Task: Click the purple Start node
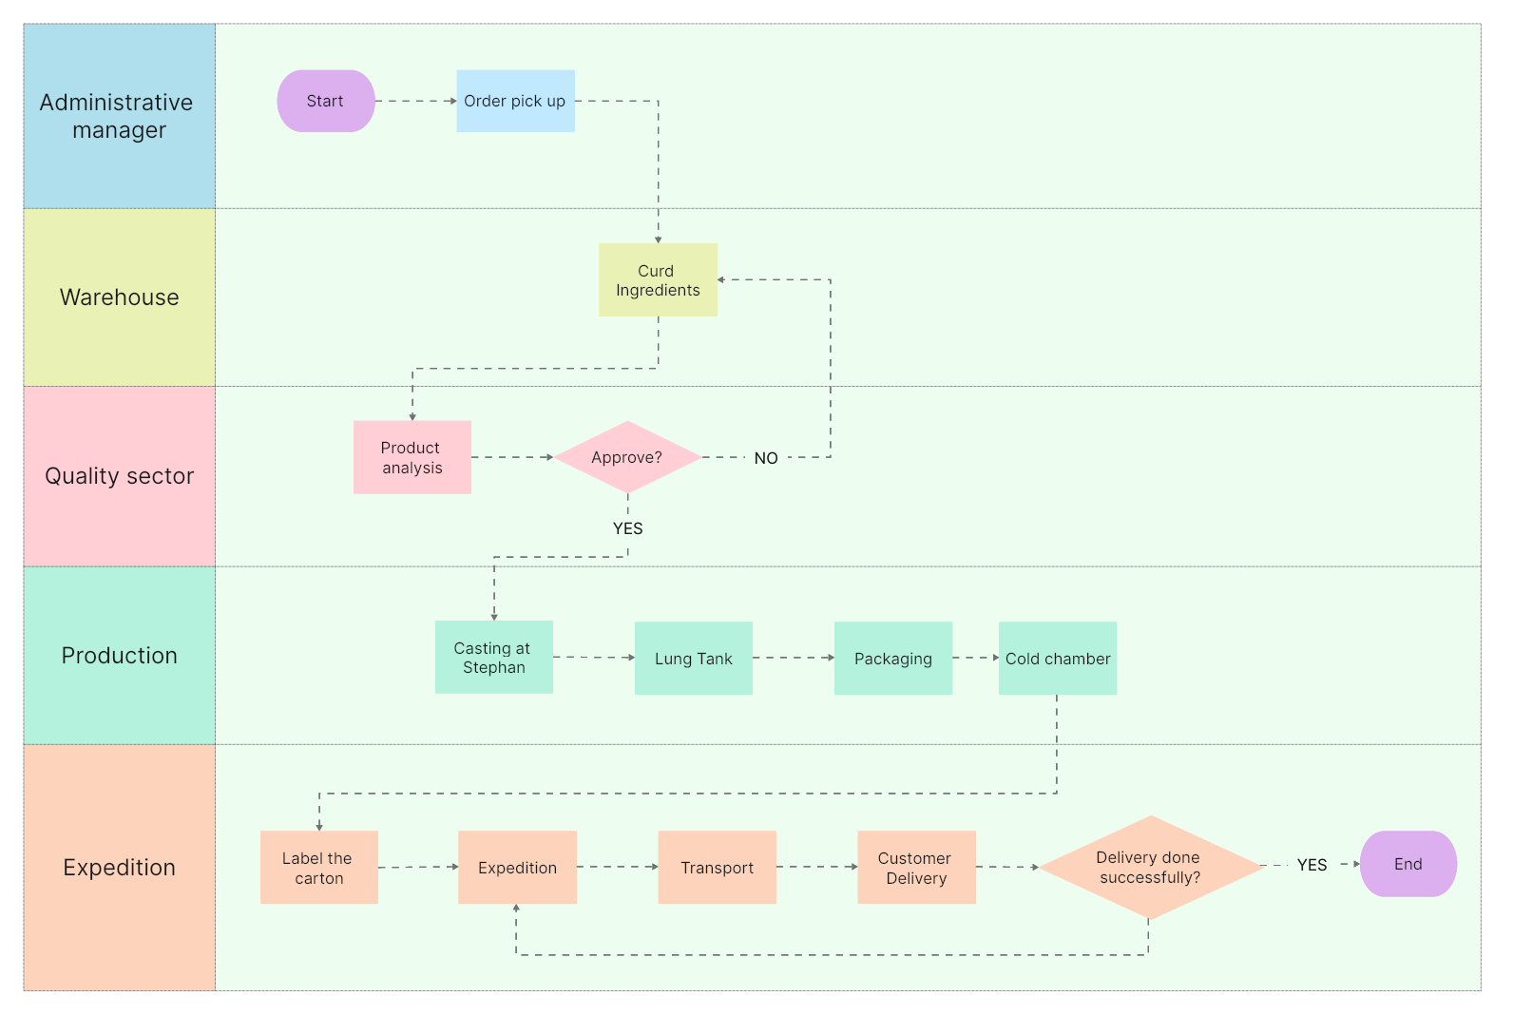pyautogui.click(x=326, y=101)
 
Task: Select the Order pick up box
pyautogui.click(x=515, y=101)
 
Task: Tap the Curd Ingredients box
pyautogui.click(x=658, y=280)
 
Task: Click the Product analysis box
pyautogui.click(x=412, y=457)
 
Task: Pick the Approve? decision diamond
pyautogui.click(x=627, y=457)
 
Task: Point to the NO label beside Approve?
pyautogui.click(x=766, y=458)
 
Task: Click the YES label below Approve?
pyautogui.click(x=627, y=528)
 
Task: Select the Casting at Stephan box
pyautogui.click(x=493, y=658)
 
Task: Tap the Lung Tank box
pyautogui.click(x=694, y=659)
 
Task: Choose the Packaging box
pyautogui.click(x=893, y=659)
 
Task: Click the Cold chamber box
pyautogui.click(x=1058, y=659)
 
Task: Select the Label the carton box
pyautogui.click(x=318, y=868)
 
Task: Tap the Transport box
pyautogui.click(x=718, y=868)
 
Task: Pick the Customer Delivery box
pyautogui.click(x=916, y=868)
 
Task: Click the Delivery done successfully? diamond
pyautogui.click(x=1150, y=867)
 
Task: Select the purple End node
pyautogui.click(x=1408, y=864)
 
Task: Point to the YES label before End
pyautogui.click(x=1312, y=865)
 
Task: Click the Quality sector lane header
pyautogui.click(x=120, y=476)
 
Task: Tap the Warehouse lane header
pyautogui.click(x=120, y=297)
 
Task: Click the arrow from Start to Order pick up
pyautogui.click(x=415, y=101)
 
